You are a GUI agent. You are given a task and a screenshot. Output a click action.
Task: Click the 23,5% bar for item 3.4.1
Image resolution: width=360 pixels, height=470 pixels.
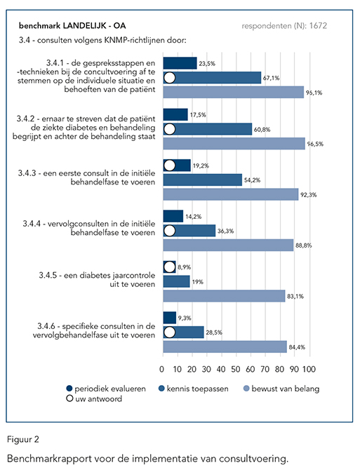coord(180,63)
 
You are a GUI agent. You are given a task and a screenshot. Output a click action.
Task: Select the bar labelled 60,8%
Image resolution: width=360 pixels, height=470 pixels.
coord(208,129)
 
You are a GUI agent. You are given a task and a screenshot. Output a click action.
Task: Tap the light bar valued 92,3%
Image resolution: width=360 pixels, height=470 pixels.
coord(231,194)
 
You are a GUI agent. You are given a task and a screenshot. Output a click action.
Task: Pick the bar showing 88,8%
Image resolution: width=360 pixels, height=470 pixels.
coord(228,246)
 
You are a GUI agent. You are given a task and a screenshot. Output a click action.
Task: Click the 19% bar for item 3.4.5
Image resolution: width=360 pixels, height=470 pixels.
coord(177,281)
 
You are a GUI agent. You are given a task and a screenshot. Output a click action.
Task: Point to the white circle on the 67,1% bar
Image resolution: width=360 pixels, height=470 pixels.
coord(170,78)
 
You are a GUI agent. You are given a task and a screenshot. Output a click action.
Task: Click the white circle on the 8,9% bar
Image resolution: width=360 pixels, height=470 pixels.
coord(170,267)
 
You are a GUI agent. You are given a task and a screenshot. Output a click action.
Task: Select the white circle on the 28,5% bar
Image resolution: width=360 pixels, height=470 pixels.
coord(170,333)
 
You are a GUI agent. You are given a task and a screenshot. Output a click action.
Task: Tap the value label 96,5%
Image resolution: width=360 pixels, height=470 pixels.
coord(315,144)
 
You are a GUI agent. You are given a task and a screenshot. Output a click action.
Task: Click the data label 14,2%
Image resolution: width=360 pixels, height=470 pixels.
coord(194,217)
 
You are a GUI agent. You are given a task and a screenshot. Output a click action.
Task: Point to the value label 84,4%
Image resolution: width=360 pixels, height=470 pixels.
coord(297,347)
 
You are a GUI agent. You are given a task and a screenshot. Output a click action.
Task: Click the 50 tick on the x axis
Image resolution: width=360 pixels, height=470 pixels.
coord(236,369)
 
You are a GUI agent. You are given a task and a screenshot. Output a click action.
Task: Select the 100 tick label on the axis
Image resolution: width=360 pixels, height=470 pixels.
coord(309,369)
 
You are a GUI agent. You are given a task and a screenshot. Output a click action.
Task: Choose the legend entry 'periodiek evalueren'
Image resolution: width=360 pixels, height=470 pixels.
coord(106,389)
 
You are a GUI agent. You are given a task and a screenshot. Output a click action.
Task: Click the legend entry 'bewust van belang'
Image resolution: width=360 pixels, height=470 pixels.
coord(281,389)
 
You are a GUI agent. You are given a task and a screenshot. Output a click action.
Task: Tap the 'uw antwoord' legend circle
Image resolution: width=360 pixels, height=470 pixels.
coord(69,398)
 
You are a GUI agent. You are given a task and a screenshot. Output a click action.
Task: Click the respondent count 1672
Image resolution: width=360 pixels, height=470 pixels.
coord(318,26)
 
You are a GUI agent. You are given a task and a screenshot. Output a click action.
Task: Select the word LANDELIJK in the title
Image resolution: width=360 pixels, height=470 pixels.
coord(84,26)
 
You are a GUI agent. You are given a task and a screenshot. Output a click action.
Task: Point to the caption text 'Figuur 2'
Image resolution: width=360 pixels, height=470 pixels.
coord(23,439)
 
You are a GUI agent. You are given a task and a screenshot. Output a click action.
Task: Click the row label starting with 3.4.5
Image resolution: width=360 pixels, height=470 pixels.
coord(97,280)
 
